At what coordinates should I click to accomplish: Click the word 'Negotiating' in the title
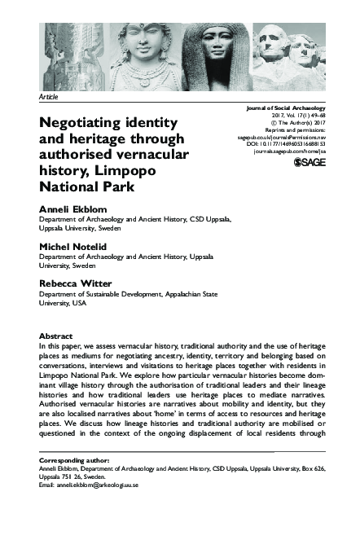[x=84, y=124]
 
